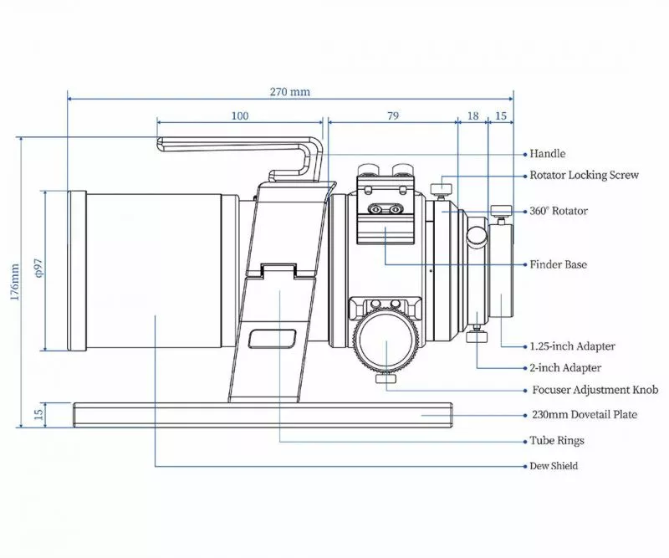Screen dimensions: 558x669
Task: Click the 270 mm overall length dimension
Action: [289, 92]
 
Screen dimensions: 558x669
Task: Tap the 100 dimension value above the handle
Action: [240, 116]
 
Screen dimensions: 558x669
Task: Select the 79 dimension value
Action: [392, 116]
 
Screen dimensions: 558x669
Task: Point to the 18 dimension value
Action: [473, 116]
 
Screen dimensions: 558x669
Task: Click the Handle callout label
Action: [548, 154]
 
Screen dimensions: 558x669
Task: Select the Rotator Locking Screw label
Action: [585, 176]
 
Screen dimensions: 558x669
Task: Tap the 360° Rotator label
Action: [559, 211]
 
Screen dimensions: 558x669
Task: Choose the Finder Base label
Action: [559, 264]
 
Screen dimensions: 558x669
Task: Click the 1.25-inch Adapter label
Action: [573, 346]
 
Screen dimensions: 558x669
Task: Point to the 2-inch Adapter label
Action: [565, 367]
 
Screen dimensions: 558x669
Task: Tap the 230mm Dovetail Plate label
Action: [585, 414]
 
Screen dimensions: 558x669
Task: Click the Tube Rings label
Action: [557, 440]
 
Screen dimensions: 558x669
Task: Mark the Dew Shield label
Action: [554, 466]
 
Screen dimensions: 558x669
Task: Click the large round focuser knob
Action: [386, 342]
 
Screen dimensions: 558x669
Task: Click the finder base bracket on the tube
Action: [386, 214]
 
